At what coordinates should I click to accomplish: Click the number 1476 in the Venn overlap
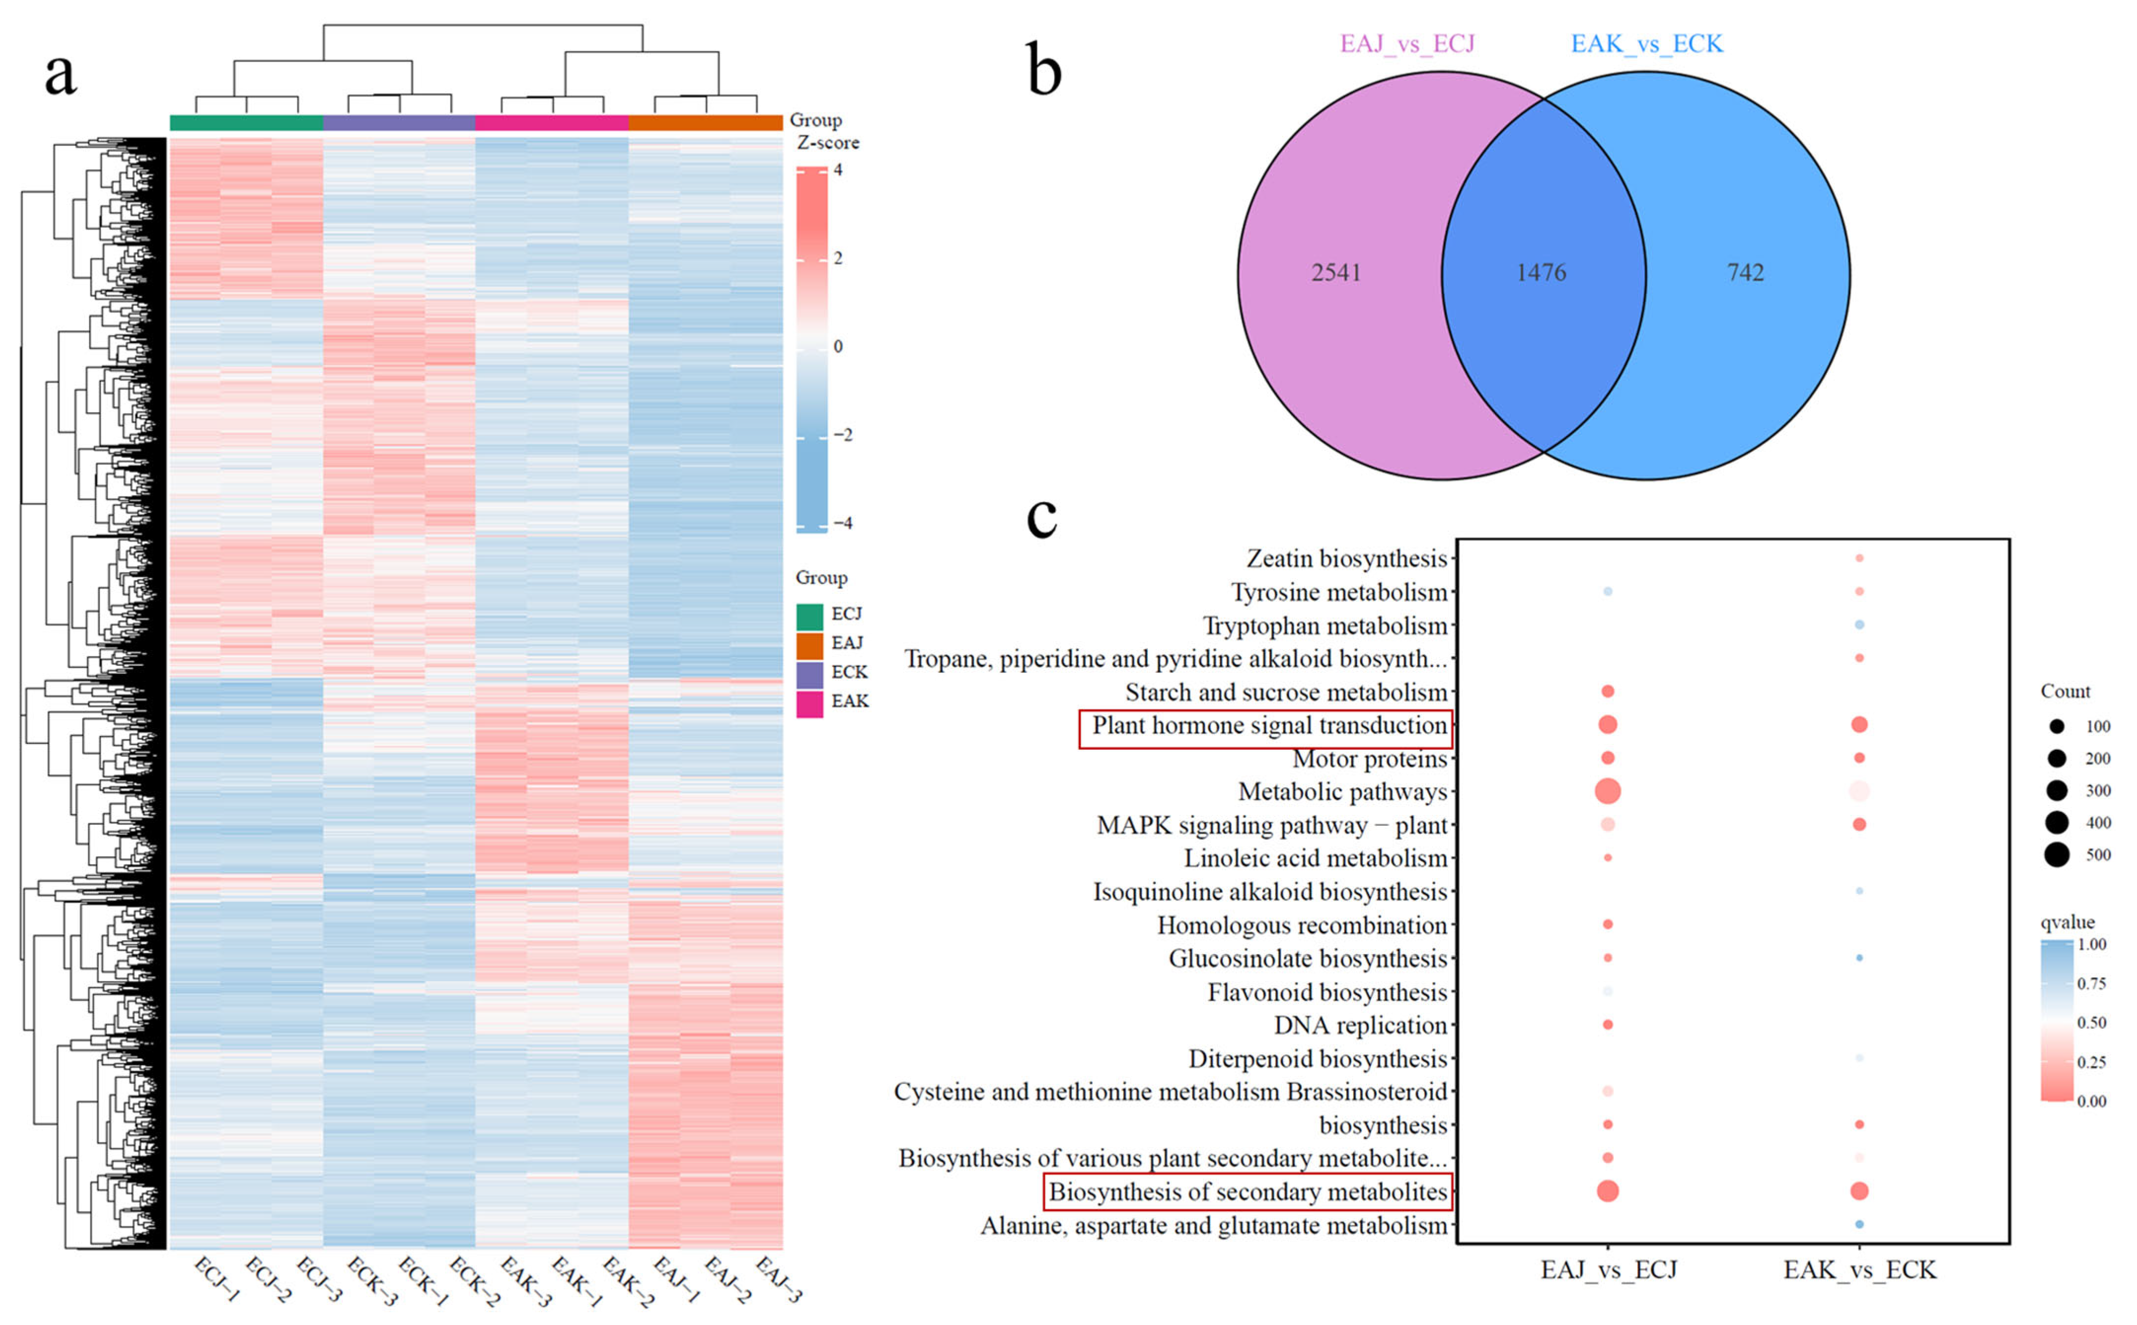point(1541,272)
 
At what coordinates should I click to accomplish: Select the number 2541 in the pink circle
point(1336,272)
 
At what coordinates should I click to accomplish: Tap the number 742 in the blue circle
point(1745,272)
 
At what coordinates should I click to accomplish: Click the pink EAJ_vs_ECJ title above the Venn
point(1407,44)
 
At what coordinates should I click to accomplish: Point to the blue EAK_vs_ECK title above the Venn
point(1646,44)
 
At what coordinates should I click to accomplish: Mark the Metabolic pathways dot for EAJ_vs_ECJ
point(1607,791)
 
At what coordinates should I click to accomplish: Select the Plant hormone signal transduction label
point(1268,726)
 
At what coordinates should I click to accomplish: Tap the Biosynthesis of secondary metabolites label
point(1248,1192)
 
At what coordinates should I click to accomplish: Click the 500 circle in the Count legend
point(2057,854)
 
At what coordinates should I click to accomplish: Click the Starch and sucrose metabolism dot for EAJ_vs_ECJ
point(1607,692)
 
